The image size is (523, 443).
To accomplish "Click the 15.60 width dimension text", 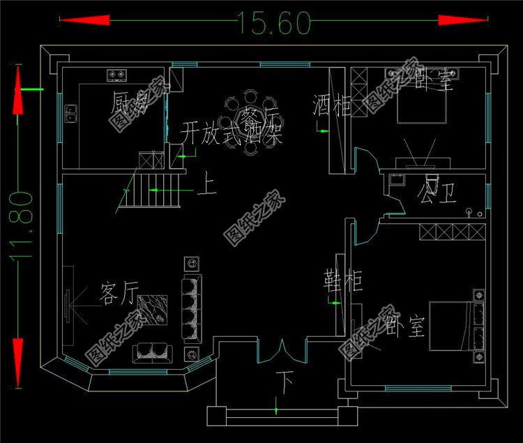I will click(274, 24).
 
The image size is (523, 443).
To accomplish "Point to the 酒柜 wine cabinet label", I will click(331, 106).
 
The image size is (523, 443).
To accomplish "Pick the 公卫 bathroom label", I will click(437, 190).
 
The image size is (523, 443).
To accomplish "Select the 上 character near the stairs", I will click(207, 187).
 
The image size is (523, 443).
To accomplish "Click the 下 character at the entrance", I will click(284, 381).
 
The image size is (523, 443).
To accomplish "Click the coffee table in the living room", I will click(152, 311).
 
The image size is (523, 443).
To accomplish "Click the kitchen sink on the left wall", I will click(70, 113).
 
